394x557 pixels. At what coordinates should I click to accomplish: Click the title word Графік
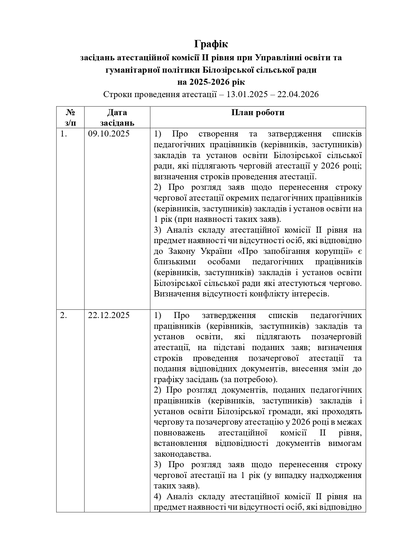coord(211,44)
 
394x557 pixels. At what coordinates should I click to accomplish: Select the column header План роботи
coord(258,112)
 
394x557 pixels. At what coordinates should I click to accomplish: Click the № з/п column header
coord(70,117)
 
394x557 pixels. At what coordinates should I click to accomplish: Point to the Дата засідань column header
coord(117,117)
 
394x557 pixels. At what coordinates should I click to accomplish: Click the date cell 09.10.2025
coord(109,134)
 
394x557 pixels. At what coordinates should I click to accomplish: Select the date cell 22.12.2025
coord(109,315)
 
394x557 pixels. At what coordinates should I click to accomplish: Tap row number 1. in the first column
coord(64,134)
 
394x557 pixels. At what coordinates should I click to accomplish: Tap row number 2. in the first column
coord(64,315)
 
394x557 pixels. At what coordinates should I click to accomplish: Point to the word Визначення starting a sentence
coord(177,294)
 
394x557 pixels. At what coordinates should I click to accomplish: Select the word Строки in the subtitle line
coord(116,94)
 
